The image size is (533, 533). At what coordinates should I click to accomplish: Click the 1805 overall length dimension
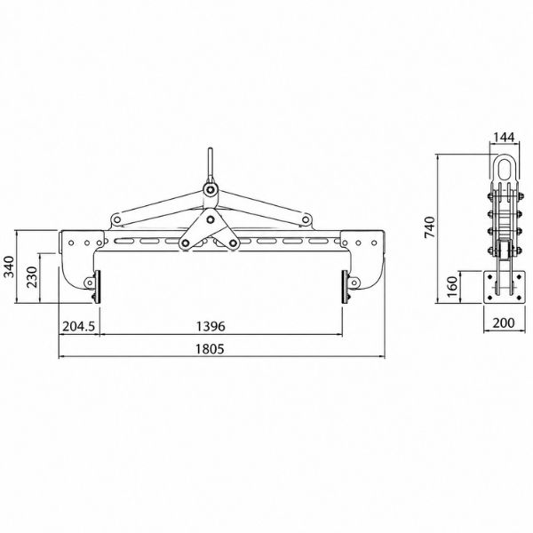pos(210,349)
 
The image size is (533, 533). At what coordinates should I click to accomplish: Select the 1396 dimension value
pos(211,326)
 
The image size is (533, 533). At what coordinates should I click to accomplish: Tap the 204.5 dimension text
pos(79,326)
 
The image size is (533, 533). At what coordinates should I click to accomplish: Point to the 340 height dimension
pos(9,266)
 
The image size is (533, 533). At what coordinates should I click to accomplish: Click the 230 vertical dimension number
pos(32,277)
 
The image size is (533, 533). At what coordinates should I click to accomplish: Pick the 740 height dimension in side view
pos(430,227)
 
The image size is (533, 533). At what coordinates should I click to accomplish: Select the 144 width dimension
pos(504,138)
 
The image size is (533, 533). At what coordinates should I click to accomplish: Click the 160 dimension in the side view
pos(452,287)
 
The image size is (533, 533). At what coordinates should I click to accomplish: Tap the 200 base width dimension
pos(504,323)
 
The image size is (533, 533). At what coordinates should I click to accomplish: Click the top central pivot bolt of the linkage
pos(211,189)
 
